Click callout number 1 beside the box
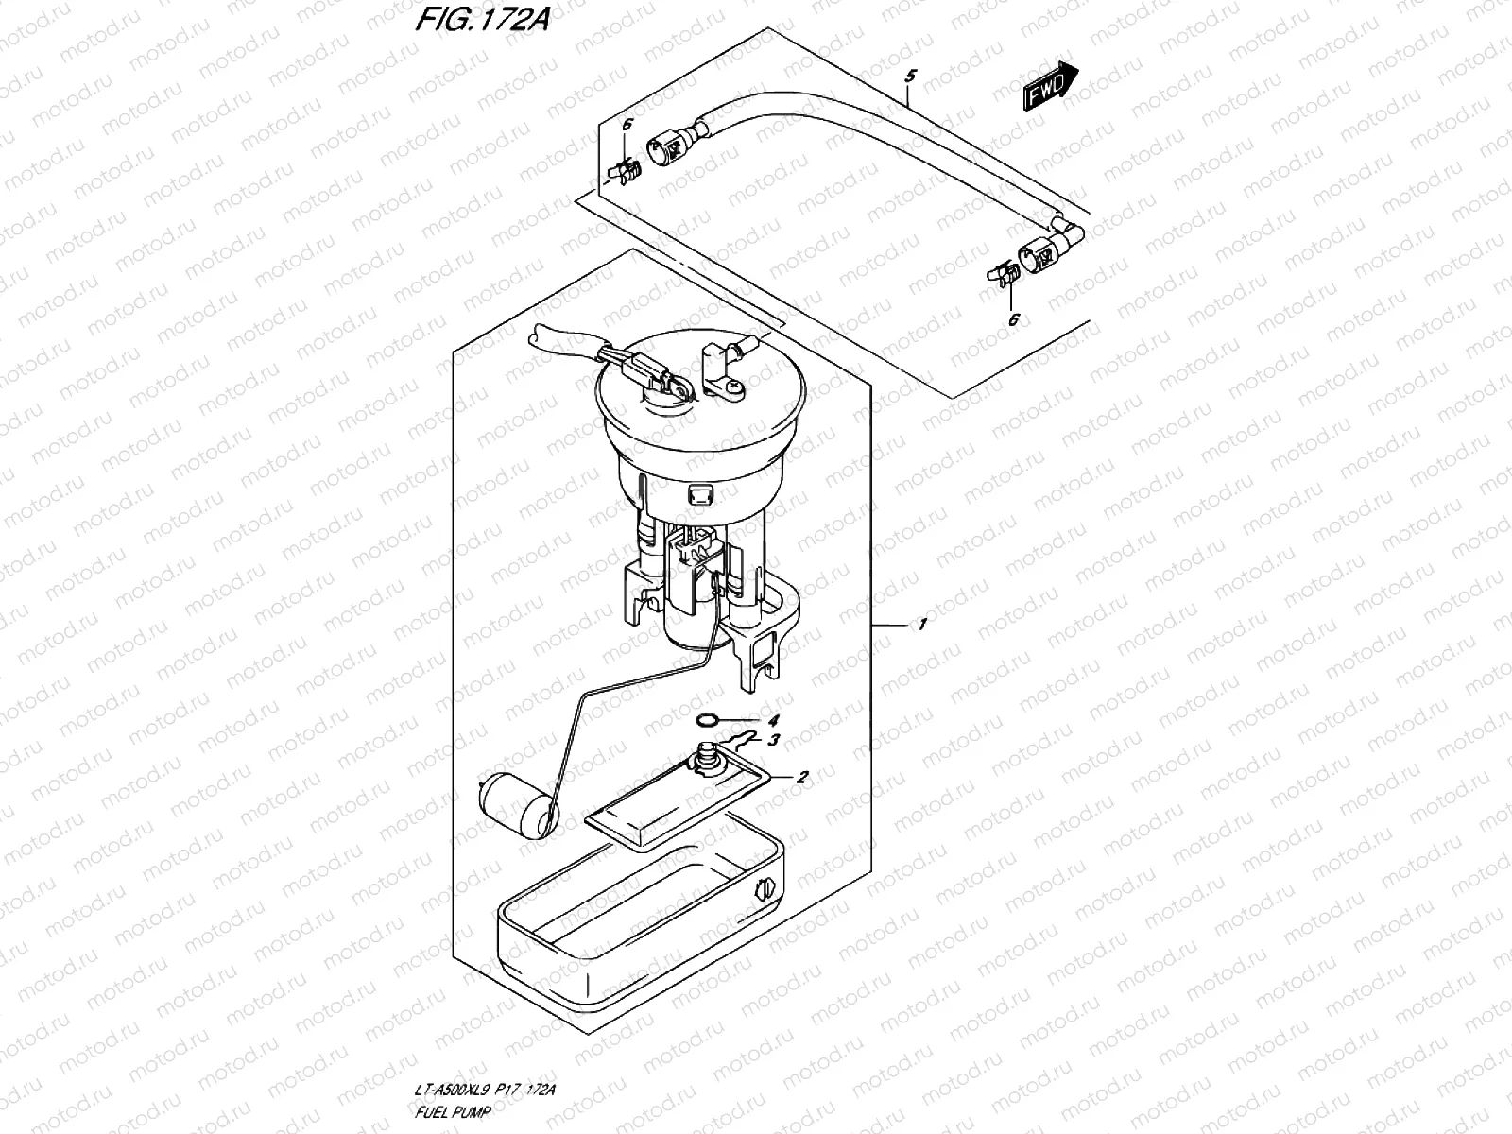921,625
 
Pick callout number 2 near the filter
801,778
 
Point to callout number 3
773,740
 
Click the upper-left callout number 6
625,125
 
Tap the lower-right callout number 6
1013,320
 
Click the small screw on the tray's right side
765,889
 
